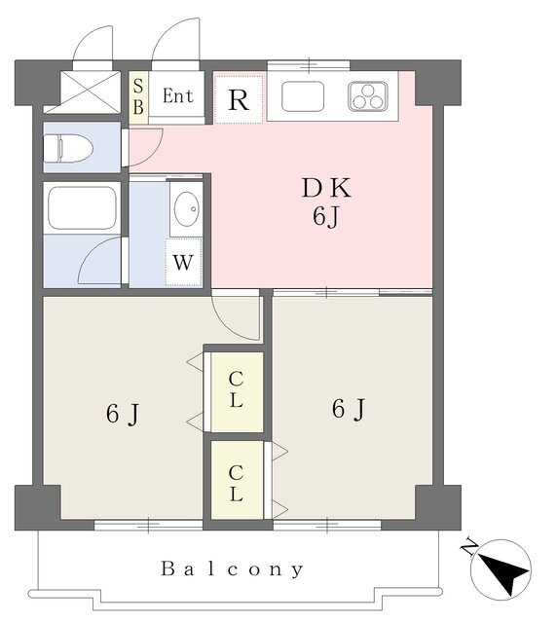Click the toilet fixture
(67, 148)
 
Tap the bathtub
(83, 207)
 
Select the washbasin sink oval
(186, 209)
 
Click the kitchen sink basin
(303, 96)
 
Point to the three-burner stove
(368, 96)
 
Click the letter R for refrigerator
(239, 100)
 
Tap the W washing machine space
(183, 262)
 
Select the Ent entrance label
(178, 95)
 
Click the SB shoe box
(138, 97)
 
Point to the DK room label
(326, 188)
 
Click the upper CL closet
(237, 391)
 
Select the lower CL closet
(237, 480)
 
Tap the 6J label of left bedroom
(123, 414)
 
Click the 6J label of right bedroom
(349, 409)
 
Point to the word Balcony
(232, 569)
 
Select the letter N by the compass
(469, 547)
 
